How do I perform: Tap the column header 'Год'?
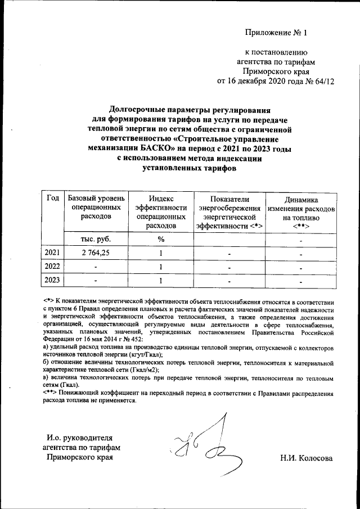[x=53, y=200]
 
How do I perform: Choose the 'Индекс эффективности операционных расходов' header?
[x=160, y=212]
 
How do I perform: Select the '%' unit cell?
[x=160, y=239]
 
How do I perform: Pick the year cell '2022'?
[x=53, y=267]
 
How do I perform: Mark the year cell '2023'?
[x=53, y=280]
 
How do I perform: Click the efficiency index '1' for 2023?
[x=160, y=280]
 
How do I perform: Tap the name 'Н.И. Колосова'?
[x=306, y=458]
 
